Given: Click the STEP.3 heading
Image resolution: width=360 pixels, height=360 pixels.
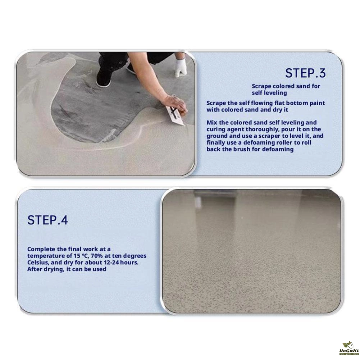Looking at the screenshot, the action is [305, 73].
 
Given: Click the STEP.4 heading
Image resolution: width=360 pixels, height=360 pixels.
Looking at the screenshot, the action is [47, 220].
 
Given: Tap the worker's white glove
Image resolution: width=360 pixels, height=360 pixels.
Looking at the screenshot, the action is [180, 67].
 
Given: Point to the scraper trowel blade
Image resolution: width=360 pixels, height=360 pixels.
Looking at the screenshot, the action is [175, 116].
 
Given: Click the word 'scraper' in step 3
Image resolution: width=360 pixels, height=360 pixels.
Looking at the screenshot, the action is [269, 136].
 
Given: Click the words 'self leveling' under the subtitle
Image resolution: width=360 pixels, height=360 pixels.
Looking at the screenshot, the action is [269, 93].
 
